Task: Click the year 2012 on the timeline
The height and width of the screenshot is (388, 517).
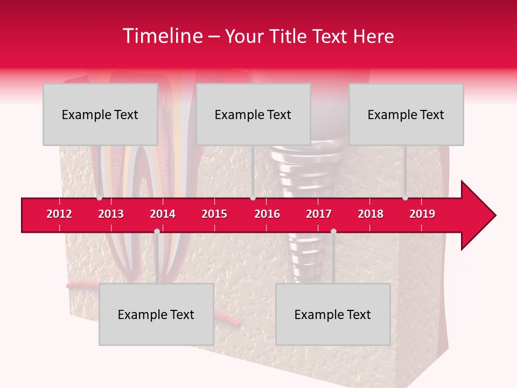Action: (59, 214)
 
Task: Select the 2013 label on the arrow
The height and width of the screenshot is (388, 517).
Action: (111, 214)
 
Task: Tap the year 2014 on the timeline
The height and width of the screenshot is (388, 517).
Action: (163, 214)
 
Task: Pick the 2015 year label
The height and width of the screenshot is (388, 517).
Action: (214, 214)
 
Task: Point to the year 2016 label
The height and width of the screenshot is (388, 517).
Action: (267, 214)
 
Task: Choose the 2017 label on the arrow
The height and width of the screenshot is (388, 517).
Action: (319, 214)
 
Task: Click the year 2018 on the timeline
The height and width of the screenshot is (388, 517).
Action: (371, 214)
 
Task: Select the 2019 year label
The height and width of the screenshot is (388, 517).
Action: (422, 214)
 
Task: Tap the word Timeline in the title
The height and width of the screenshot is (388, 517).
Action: (162, 36)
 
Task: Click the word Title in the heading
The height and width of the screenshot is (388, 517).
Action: (289, 37)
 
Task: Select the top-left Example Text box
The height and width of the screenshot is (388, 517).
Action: (100, 114)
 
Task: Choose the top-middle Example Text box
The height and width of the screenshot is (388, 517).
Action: (253, 114)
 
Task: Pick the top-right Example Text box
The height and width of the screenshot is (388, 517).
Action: (406, 114)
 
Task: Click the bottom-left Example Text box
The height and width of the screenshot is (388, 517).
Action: (156, 314)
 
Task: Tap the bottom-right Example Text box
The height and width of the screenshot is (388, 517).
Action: (333, 314)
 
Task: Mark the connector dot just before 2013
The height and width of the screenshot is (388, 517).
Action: (99, 198)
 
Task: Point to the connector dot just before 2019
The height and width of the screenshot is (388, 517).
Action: (405, 198)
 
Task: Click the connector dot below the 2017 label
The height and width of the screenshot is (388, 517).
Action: (333, 231)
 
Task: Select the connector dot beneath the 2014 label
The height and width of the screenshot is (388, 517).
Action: (157, 231)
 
